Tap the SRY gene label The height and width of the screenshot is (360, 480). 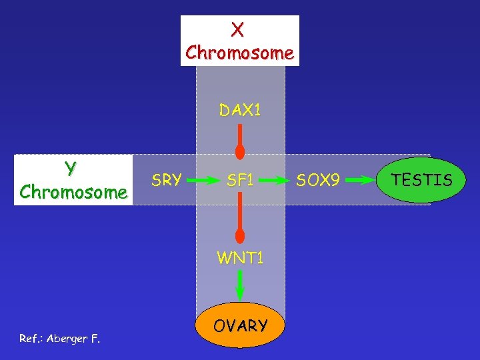point(166,180)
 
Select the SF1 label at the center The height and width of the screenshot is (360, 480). point(240,180)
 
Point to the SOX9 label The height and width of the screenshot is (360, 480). point(318,180)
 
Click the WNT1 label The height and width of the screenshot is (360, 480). point(240,257)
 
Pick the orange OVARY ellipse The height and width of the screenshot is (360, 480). point(241,325)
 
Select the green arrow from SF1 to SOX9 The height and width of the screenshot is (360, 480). point(275,180)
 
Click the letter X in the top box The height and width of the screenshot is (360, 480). point(238,29)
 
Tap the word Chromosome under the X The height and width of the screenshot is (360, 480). point(240,52)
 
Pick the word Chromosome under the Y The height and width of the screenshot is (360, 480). point(73,192)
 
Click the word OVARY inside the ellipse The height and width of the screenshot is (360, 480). point(241,326)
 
